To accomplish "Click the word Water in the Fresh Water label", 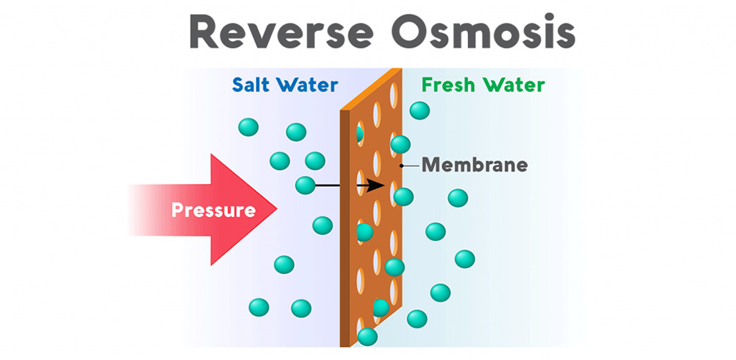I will coord(514,85).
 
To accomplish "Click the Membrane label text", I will coord(474,165).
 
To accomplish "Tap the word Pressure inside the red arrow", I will coord(213,211).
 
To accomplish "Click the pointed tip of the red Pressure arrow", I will coord(275,211).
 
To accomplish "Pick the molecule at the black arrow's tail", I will coord(305,186).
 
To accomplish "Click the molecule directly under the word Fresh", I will coord(420,110).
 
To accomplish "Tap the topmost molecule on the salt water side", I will coord(249,127).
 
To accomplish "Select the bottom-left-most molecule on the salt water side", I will coord(259,306).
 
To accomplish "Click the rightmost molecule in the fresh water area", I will coord(464,259).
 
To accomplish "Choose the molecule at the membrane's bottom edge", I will coord(367,337).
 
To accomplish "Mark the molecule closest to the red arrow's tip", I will coord(322,225).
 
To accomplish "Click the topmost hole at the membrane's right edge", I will coord(394,94).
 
